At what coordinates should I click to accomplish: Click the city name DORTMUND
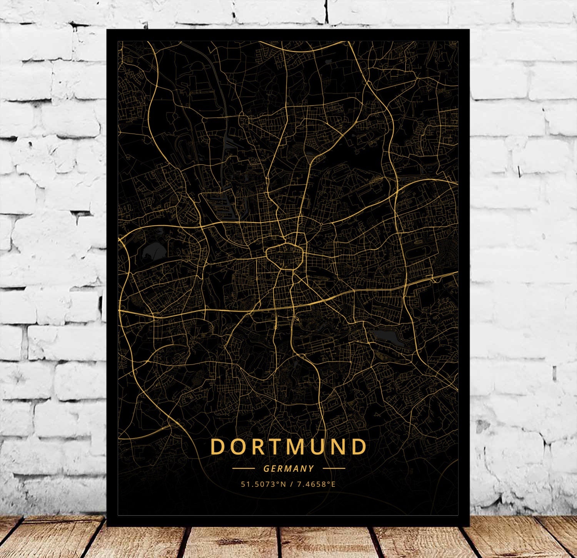click(288, 447)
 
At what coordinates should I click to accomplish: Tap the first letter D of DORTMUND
click(218, 447)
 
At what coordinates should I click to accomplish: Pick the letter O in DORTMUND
click(237, 447)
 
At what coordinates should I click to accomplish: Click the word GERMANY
click(289, 469)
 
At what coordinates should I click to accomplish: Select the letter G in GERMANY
click(266, 469)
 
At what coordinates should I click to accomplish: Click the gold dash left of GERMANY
click(243, 469)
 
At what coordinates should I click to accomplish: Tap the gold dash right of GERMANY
click(334, 469)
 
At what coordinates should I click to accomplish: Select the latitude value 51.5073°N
click(263, 484)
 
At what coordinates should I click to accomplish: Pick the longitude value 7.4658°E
click(316, 484)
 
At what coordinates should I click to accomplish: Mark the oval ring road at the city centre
click(285, 255)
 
